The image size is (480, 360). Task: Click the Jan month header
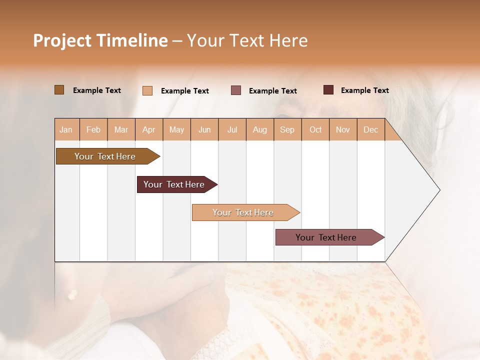tap(66, 129)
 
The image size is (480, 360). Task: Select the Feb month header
tap(93, 129)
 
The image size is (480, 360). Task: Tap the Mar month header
tap(121, 129)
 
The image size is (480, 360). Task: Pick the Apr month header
tap(149, 129)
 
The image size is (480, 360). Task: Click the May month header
tap(176, 129)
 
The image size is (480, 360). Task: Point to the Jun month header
tap(204, 129)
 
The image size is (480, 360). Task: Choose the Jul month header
tap(232, 129)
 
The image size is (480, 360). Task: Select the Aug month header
tap(260, 129)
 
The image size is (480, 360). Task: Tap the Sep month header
tap(287, 129)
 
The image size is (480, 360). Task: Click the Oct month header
tap(315, 129)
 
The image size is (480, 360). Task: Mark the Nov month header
tap(343, 129)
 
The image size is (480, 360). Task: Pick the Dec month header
tap(370, 129)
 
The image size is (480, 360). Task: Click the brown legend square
tap(59, 90)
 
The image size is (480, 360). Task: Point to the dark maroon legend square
tap(328, 90)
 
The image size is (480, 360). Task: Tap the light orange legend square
tap(147, 90)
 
